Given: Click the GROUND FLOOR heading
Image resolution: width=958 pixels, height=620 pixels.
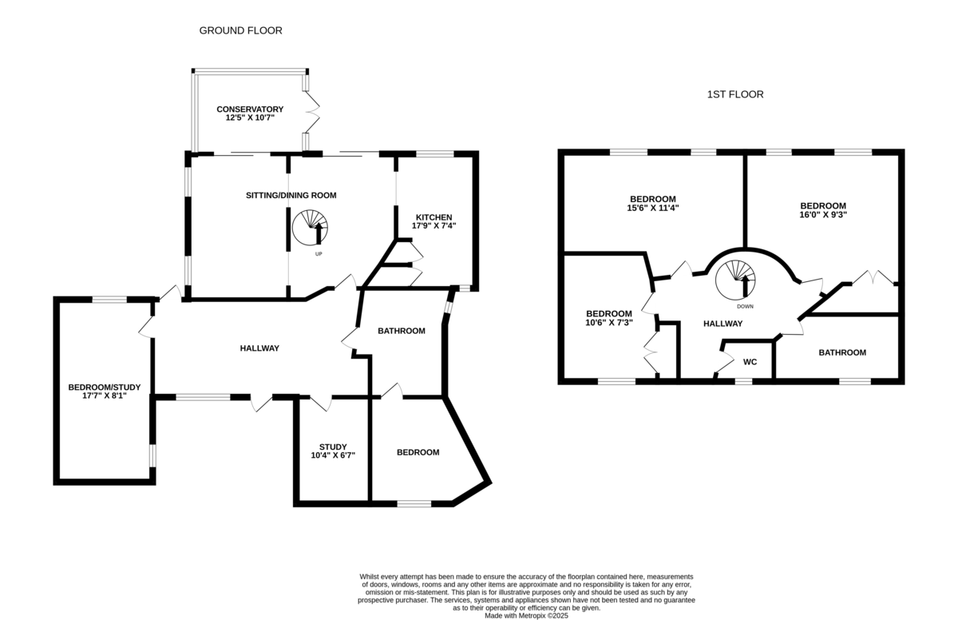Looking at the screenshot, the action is point(241,31).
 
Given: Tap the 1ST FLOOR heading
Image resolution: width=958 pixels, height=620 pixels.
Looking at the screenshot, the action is point(735,94).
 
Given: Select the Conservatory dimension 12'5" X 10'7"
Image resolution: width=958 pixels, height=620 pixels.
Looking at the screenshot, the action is point(250,117).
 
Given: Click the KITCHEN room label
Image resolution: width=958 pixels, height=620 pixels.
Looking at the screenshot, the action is point(434,217).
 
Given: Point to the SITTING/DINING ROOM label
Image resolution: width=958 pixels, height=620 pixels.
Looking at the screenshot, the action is point(291,196).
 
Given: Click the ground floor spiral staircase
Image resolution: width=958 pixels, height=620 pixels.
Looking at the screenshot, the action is point(310,228).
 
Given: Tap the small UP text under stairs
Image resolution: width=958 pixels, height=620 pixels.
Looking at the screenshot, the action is point(319,254).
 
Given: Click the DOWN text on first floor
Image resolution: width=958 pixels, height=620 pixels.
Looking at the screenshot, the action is point(745,307).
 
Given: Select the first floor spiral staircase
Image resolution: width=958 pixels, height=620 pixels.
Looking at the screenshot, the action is point(735,280).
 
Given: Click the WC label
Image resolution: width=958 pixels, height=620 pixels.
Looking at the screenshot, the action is point(750,362).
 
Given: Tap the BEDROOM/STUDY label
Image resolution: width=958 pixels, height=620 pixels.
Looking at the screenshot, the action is point(105,387).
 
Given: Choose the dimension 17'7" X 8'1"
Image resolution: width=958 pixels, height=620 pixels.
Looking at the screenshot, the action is point(105,396).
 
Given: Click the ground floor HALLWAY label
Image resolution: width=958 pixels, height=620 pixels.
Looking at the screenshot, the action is point(259,348).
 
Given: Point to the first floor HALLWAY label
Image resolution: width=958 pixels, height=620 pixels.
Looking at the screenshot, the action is point(723,324).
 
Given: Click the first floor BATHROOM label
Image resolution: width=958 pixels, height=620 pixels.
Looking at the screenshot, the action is point(842,353).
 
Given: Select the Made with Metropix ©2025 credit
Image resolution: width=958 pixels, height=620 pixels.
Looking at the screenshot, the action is point(526,616).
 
